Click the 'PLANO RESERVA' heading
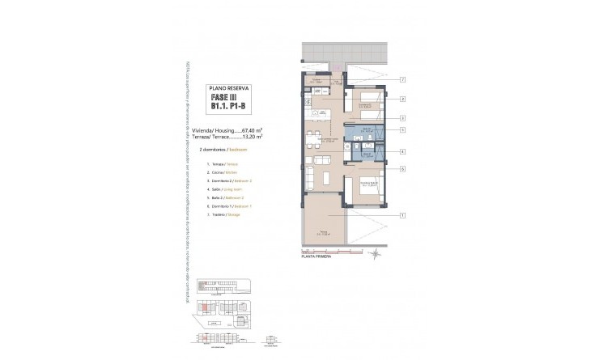click(x=230, y=87)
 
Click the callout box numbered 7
click(x=402, y=79)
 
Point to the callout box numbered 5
click(x=402, y=129)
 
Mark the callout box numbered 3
click(x=402, y=117)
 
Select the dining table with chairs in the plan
click(x=318, y=130)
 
